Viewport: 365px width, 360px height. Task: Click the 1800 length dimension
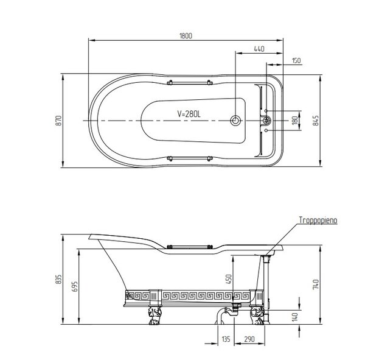[186, 36]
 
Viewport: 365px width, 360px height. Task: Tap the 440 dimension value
[259, 49]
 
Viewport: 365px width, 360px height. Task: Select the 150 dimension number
[296, 61]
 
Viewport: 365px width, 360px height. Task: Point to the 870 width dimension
[59, 121]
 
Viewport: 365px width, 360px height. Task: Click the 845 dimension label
[316, 121]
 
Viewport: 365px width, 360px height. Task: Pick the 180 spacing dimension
[294, 121]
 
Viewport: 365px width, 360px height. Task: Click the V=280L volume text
[189, 114]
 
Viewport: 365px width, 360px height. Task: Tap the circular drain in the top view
[235, 121]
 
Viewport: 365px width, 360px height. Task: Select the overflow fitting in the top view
[267, 121]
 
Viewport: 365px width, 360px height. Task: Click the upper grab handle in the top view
[190, 83]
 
